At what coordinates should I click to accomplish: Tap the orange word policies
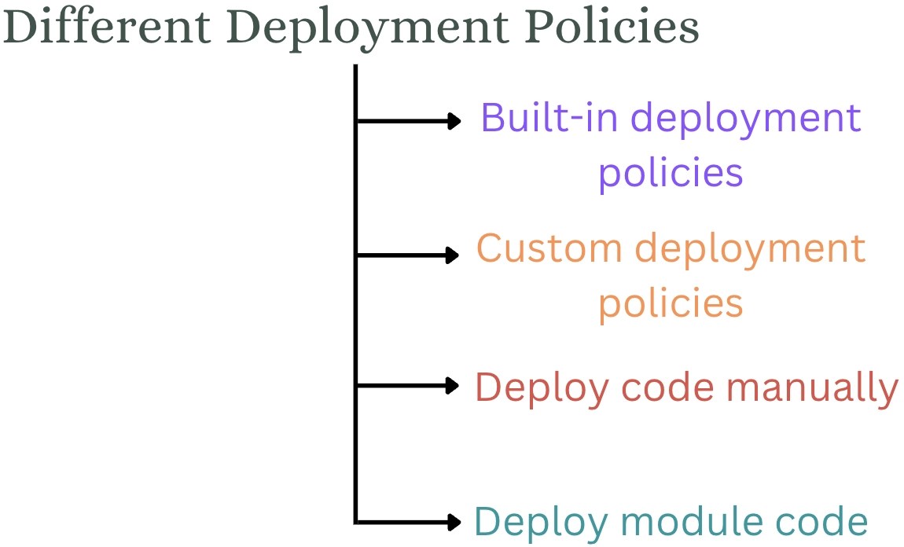671,305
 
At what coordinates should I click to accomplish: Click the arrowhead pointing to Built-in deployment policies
454,121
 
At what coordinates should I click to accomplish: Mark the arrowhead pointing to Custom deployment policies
453,255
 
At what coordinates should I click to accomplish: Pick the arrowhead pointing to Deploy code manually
453,385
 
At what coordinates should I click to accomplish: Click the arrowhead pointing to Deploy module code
454,521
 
